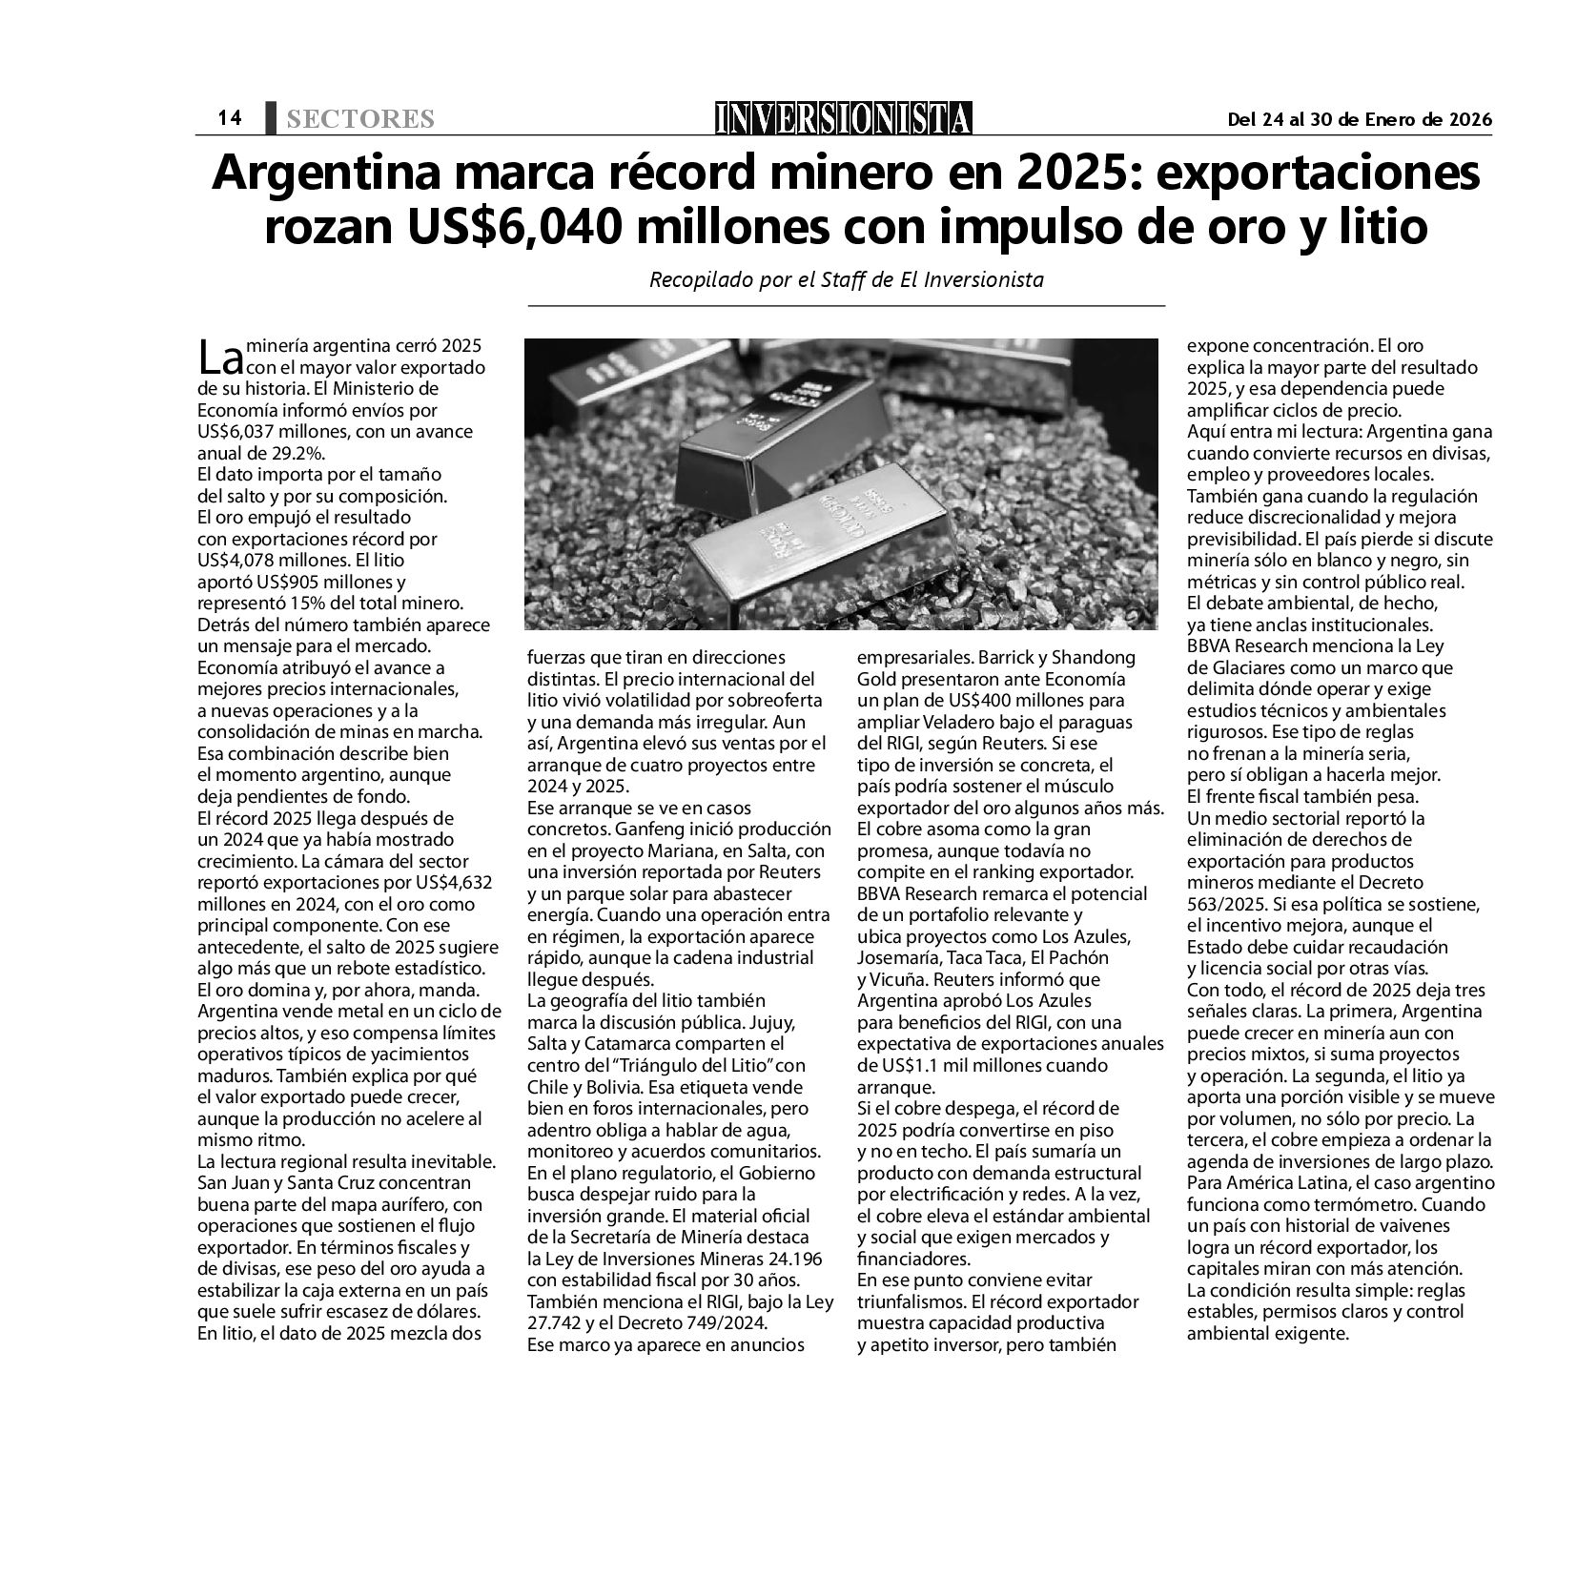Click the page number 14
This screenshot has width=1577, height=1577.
[x=229, y=117]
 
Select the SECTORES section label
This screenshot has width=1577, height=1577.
[x=359, y=119]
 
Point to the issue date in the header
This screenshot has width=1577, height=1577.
[x=1359, y=119]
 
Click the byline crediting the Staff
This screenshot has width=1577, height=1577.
[x=846, y=280]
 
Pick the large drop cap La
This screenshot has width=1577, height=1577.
[x=220, y=358]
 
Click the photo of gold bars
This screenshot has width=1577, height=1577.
[x=842, y=484]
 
